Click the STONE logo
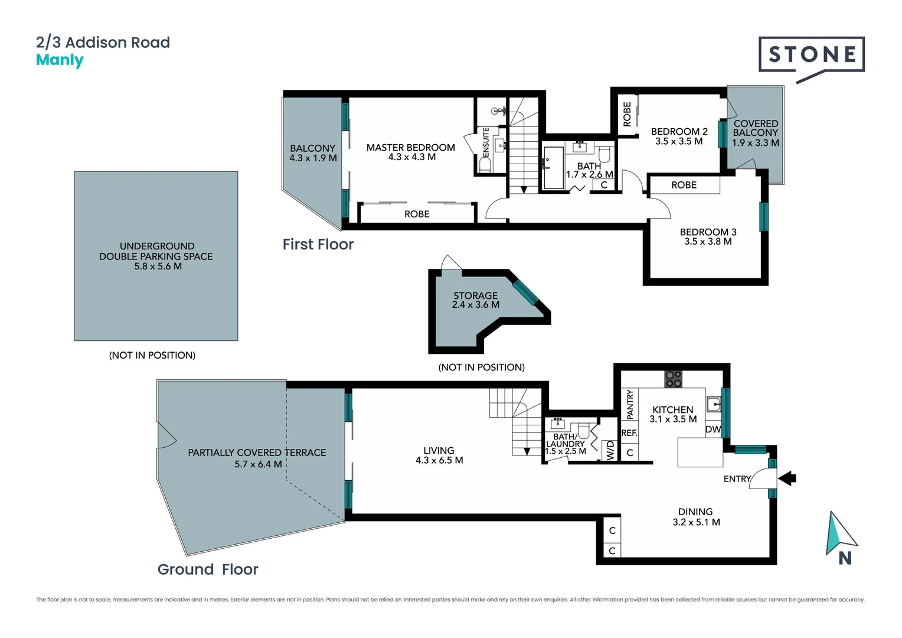[812, 55]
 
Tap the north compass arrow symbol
[839, 534]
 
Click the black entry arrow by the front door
[787, 478]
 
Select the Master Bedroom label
[410, 148]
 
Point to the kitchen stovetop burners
[673, 379]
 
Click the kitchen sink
[714, 405]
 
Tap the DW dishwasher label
[713, 429]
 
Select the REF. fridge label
[629, 433]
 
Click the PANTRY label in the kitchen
[630, 404]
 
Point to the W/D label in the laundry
[610, 450]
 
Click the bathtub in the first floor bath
[553, 168]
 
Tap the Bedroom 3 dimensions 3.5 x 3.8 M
[708, 242]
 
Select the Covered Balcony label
[756, 128]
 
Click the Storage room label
[475, 295]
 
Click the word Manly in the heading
[60, 60]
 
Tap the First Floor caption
[318, 245]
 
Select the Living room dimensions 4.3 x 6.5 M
[439, 460]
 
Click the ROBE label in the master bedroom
[417, 214]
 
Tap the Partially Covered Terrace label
[257, 453]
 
